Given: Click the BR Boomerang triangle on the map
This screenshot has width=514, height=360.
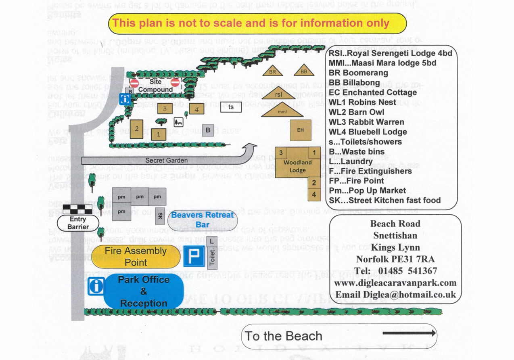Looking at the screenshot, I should point(272,71).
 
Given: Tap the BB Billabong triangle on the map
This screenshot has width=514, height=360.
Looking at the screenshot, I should point(304,71).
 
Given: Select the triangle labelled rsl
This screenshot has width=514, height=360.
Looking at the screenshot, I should point(278,94).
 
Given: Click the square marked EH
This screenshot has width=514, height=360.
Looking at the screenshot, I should point(300,130).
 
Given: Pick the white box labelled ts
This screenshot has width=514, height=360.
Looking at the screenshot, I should point(231,107).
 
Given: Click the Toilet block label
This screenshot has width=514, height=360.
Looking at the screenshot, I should point(212,257).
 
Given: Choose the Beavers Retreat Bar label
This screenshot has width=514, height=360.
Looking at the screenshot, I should point(202,220).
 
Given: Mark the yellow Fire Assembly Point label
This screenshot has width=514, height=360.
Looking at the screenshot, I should point(136,256).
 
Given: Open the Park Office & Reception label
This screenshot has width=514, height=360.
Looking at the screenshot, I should point(144,291).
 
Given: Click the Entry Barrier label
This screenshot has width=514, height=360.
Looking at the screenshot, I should point(78,223).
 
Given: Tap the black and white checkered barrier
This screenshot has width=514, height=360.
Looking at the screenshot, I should point(76,209).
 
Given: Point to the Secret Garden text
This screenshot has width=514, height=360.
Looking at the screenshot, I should point(161,160).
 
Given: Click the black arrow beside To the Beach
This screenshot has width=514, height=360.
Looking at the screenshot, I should point(409,333).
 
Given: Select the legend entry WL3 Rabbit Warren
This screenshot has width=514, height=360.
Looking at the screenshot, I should point(366,122).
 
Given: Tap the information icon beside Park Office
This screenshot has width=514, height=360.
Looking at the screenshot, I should point(96,286).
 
